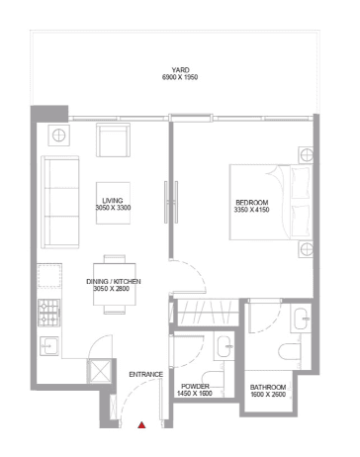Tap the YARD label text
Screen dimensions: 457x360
pos(179,69)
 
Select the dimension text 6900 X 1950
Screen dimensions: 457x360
pos(179,77)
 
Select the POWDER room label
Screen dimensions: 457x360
pos(193,387)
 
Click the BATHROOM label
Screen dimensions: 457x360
pos(268,387)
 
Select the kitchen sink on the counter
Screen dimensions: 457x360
pos(49,345)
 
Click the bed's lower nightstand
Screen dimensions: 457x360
pos(308,247)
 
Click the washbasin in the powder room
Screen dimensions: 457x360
pos(224,346)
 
